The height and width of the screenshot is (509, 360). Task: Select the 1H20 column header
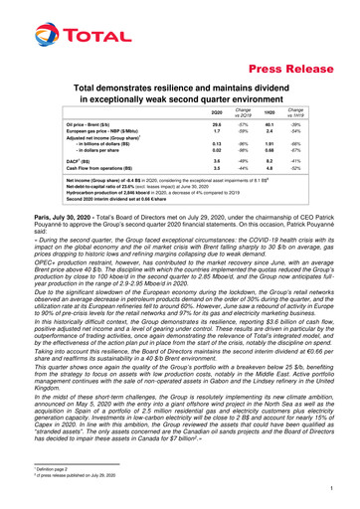pos(270,116)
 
